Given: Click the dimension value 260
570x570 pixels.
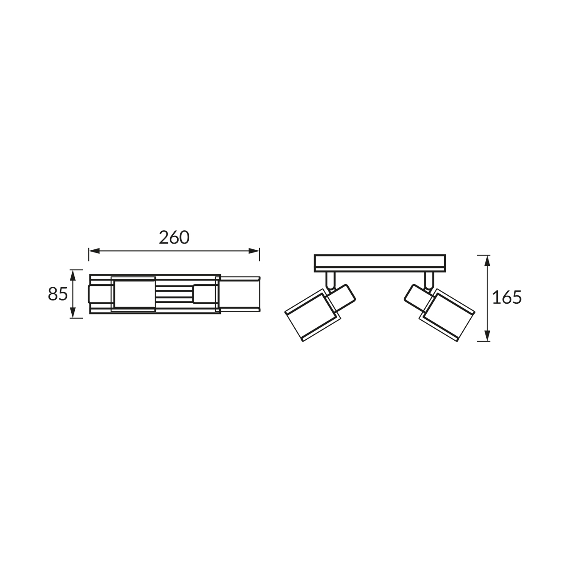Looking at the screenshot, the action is pos(174,237).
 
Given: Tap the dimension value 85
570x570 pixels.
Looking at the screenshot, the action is pos(58,294).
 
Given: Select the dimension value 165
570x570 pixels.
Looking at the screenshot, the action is pos(507,297).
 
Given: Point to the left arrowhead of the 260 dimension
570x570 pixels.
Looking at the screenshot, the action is pos(94,251).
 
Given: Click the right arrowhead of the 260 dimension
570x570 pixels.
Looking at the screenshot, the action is pos(254,251).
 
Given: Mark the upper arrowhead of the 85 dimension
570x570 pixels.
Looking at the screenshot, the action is pos(73,275).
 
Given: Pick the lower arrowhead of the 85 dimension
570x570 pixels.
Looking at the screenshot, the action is pos(73,313).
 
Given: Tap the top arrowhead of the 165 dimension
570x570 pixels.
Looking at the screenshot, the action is pos(488,261).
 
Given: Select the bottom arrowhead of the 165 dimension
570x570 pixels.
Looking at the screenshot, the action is pos(488,336).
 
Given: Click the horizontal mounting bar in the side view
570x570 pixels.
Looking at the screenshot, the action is pos(380,263).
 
